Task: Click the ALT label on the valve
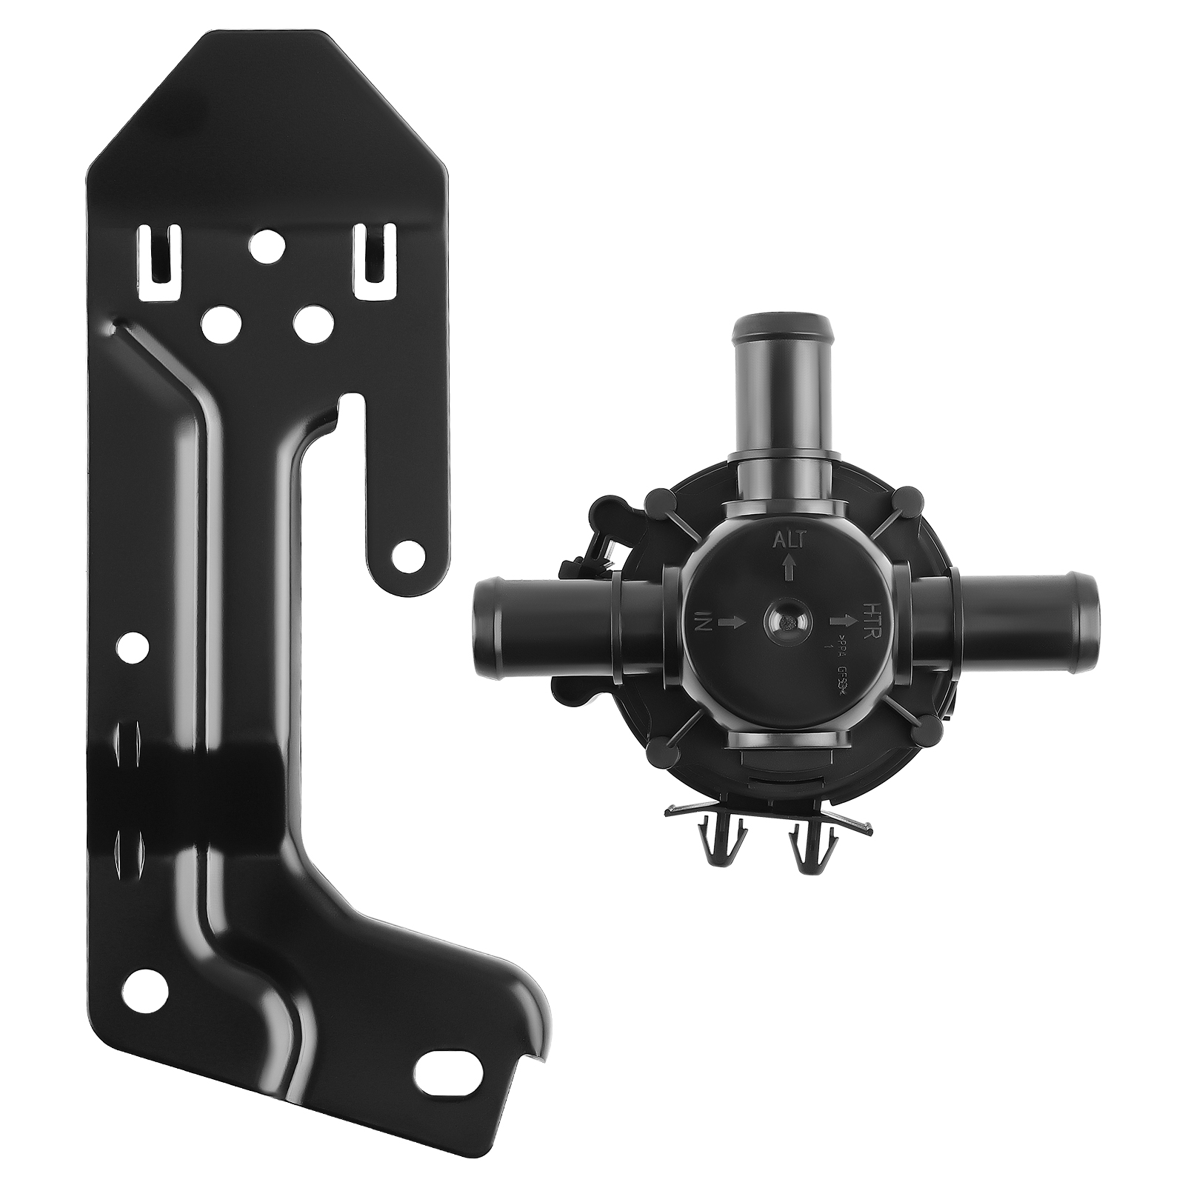[x=789, y=540]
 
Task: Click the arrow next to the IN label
[x=732, y=624]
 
